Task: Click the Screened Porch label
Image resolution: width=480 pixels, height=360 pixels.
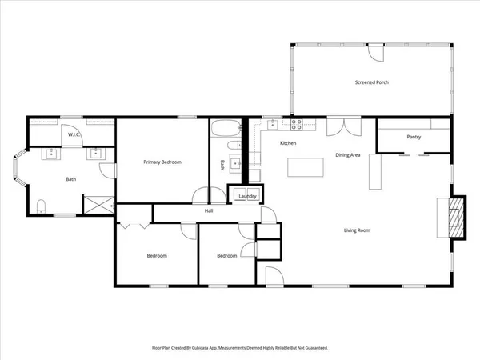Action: coord(371,82)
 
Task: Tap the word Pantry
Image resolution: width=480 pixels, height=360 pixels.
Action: coord(414,137)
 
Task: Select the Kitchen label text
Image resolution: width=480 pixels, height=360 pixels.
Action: coord(288,143)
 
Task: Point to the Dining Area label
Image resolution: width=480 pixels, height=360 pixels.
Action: coord(347,154)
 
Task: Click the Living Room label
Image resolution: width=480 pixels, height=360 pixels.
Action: coord(357,230)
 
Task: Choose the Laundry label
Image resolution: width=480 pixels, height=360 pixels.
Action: coord(247,195)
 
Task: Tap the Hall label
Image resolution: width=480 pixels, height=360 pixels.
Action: coord(208,211)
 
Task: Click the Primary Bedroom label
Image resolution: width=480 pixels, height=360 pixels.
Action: coord(162,162)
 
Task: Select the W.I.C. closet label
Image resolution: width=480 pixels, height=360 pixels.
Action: coord(73,135)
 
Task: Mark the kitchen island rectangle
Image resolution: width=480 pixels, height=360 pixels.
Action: coord(305,167)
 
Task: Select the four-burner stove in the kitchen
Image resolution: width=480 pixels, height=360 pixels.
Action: coord(297,125)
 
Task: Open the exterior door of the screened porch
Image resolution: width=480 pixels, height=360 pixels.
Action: coord(374,50)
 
